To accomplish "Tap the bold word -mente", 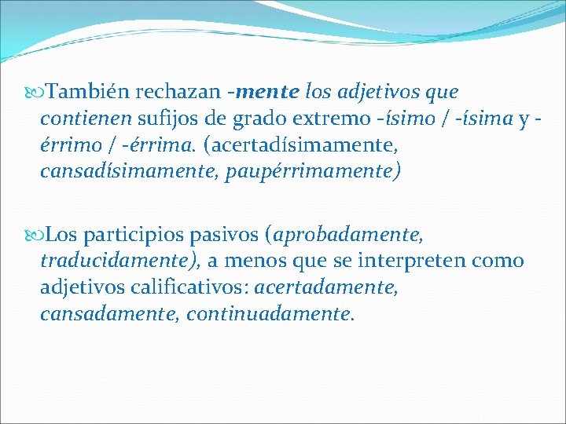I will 263,93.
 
